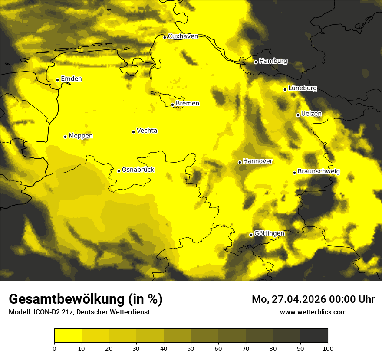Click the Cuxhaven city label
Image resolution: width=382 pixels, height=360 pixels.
coord(183,36)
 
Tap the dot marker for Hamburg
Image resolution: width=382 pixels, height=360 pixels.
coord(256,62)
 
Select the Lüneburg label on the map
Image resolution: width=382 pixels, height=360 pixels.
coord(303,88)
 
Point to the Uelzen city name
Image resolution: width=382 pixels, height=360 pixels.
coord(311,114)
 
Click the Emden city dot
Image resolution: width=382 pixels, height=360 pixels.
coord(57,80)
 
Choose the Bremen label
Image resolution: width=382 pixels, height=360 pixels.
coord(188,104)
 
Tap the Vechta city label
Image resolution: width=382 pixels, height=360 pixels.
coord(147,131)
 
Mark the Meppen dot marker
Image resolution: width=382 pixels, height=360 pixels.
coord(66,137)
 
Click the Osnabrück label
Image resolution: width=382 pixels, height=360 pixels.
coord(138,170)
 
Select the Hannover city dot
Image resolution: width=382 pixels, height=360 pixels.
coord(240,162)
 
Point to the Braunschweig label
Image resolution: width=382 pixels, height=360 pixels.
coord(319,172)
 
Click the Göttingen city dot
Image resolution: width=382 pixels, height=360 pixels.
coord(251,235)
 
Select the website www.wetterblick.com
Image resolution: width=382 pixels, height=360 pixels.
coord(313,312)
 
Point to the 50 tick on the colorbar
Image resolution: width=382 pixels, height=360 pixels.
coord(191,348)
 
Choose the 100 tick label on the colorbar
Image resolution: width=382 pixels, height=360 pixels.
coord(328,348)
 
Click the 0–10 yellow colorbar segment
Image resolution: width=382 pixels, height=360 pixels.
coord(68,335)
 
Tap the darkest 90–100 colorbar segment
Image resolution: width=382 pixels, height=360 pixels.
coord(314,335)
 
